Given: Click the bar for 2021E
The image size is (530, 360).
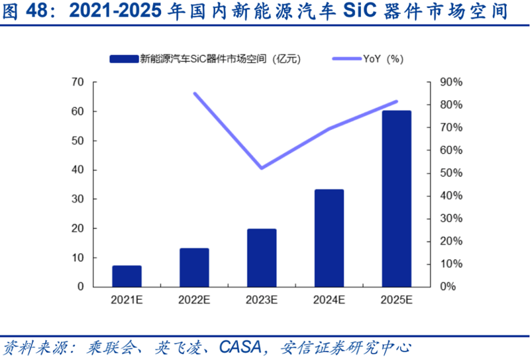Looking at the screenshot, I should point(127,276).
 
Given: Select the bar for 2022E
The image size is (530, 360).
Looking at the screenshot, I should point(194,267).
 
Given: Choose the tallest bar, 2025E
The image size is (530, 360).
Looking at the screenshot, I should point(397,198).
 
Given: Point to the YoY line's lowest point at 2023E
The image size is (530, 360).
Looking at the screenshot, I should point(262,168).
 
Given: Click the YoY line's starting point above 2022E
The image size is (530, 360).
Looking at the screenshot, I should point(194,93).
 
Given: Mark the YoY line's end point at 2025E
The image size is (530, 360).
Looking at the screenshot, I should point(397,101).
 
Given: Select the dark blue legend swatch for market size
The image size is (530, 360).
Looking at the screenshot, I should point(124,58).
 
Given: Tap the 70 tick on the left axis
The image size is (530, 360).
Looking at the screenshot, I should point(78,82).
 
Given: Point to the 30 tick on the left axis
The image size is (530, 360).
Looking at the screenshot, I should point(78,199).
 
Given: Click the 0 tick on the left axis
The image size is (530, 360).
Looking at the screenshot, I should point(81,286).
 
